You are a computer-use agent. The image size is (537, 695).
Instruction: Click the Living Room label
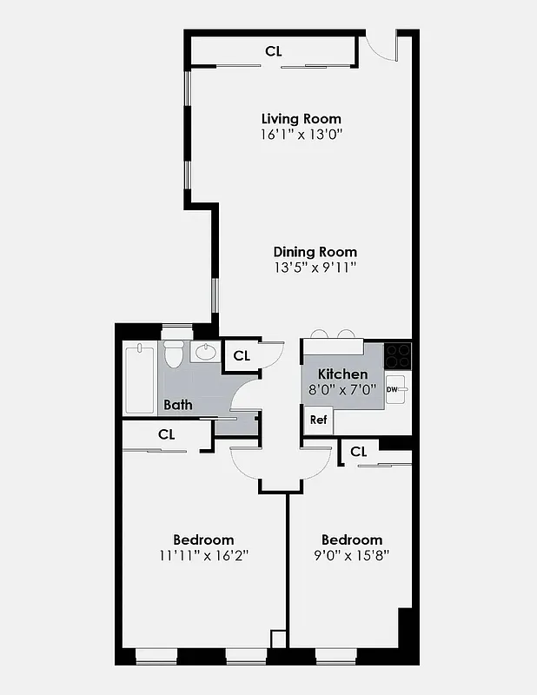(x=301, y=118)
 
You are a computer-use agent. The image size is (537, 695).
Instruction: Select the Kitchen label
(x=342, y=374)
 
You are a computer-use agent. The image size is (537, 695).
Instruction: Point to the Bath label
(x=178, y=405)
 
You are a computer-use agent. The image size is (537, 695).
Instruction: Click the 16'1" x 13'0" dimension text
(x=301, y=135)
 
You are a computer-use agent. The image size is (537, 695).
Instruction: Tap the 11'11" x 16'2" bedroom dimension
(x=203, y=555)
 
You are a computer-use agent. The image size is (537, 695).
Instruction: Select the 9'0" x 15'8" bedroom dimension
(x=351, y=555)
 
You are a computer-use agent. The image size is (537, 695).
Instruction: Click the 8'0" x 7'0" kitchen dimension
(x=342, y=389)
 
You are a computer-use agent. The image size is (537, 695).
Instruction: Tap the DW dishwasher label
(x=392, y=389)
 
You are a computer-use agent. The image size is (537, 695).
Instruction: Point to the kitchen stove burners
(x=398, y=354)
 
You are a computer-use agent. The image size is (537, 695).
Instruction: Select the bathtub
(x=139, y=379)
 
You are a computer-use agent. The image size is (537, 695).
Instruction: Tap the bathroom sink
(x=206, y=352)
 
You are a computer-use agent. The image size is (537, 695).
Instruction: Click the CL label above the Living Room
(x=274, y=51)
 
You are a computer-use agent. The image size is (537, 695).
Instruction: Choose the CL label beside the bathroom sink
(x=242, y=355)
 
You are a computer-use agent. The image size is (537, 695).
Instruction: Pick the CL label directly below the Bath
(x=167, y=434)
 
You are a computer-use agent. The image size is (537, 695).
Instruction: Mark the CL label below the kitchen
(x=359, y=452)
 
